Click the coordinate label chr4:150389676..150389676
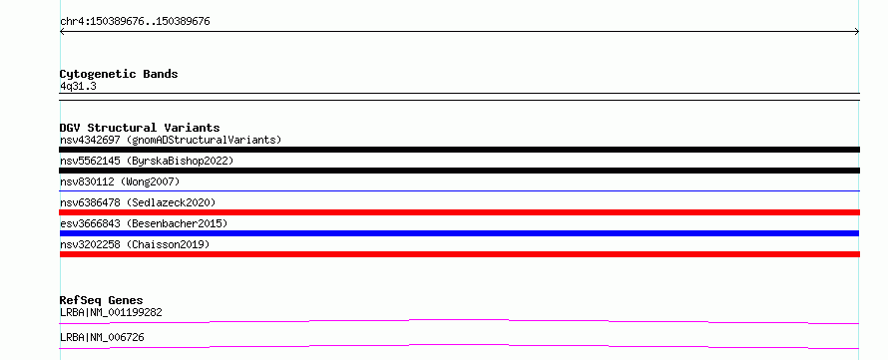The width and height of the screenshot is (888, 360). pyautogui.click(x=135, y=22)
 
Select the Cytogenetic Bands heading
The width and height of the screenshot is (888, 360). pyautogui.click(x=119, y=74)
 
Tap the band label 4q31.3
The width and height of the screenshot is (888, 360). pyautogui.click(x=78, y=86)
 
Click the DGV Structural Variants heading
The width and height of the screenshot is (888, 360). pyautogui.click(x=140, y=128)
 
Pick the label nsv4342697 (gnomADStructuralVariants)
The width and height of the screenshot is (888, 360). pyautogui.click(x=171, y=140)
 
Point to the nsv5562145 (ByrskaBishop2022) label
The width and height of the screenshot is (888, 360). pyautogui.click(x=147, y=161)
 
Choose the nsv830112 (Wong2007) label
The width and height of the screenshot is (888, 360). pyautogui.click(x=120, y=181)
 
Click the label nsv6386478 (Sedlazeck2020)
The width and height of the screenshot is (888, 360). pyautogui.click(x=138, y=202)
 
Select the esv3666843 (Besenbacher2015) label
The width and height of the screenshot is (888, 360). pyautogui.click(x=144, y=223)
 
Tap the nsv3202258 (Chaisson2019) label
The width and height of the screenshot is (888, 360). pyautogui.click(x=135, y=244)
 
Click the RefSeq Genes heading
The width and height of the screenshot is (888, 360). pyautogui.click(x=102, y=300)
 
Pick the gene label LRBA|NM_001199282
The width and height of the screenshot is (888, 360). pyautogui.click(x=112, y=312)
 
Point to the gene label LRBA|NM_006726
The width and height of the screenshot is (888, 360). pyautogui.click(x=102, y=337)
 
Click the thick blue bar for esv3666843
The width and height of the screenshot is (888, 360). pyautogui.click(x=459, y=233)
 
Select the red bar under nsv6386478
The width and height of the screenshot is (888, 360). pyautogui.click(x=459, y=212)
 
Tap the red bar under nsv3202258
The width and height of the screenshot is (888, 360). pyautogui.click(x=459, y=254)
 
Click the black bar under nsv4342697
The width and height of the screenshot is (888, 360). pyautogui.click(x=459, y=150)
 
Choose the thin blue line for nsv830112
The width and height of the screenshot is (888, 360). pyautogui.click(x=459, y=191)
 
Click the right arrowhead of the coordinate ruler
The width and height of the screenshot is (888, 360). pyautogui.click(x=858, y=32)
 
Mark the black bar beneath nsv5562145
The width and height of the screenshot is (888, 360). pyautogui.click(x=459, y=171)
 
